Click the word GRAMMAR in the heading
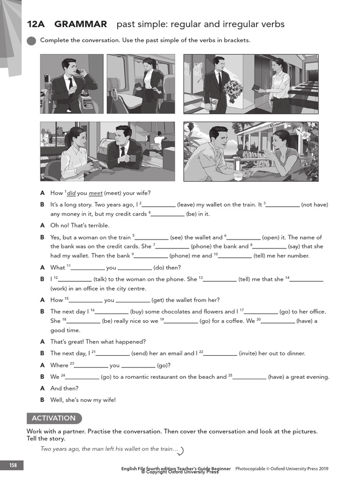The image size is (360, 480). click(x=81, y=24)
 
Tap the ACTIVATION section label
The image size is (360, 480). click(x=53, y=418)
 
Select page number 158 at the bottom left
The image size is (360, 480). click(x=13, y=465)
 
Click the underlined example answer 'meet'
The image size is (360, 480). click(x=95, y=193)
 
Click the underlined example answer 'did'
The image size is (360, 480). click(x=71, y=193)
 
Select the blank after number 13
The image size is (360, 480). click(x=220, y=279)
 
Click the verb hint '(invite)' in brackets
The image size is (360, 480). click(x=248, y=353)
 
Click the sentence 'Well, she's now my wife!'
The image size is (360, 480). click(x=83, y=400)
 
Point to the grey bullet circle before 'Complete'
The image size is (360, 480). click(x=31, y=41)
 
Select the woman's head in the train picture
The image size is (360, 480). click(x=150, y=63)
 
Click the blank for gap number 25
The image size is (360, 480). click(x=249, y=377)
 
